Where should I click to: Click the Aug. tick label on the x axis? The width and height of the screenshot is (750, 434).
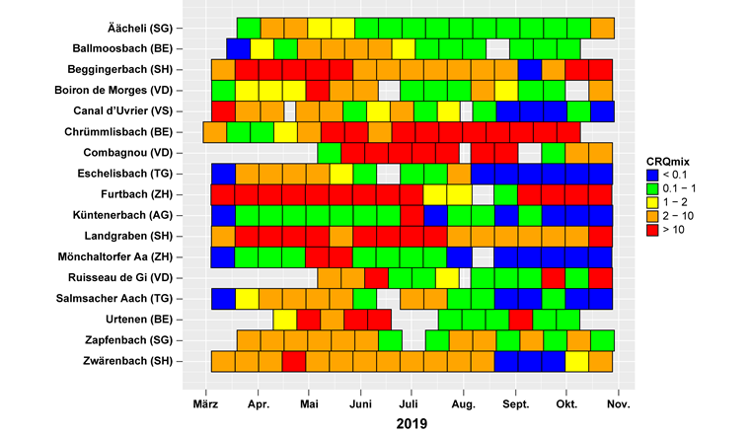pos(462,404)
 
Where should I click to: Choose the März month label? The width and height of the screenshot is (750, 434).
pos(206,404)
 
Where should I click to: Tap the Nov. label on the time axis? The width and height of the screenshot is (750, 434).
pos(618,404)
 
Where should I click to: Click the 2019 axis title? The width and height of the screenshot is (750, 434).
pos(412,423)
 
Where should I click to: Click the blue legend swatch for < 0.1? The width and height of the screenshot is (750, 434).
pos(652,176)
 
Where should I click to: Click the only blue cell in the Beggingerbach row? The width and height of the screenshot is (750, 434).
pos(530,70)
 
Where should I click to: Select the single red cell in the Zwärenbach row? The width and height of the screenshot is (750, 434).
pos(293,361)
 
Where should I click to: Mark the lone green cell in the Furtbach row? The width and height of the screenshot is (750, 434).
pos(505,194)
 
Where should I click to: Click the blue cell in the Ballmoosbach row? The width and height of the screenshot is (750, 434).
pos(238,48)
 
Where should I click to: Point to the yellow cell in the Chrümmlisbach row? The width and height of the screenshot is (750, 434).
pos(285,132)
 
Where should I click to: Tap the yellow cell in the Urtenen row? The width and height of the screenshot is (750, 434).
pos(285,320)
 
